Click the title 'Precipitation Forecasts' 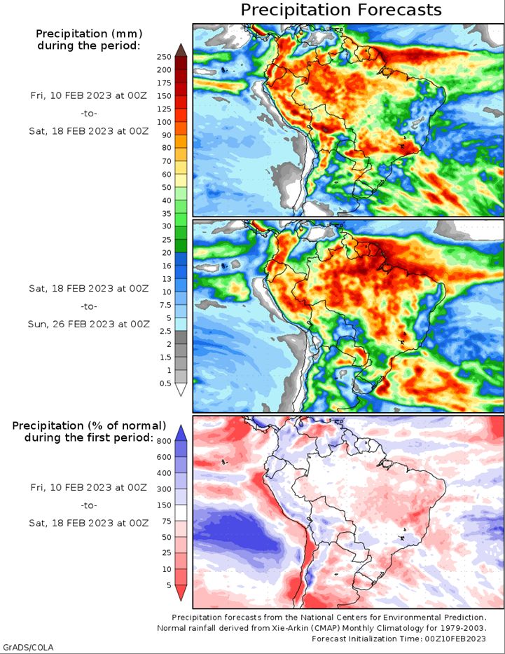point(341,10)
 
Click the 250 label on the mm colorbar point(164,57)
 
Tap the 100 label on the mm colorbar point(164,122)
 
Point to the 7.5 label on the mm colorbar point(165,305)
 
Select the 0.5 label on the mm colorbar point(165,383)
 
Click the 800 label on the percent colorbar point(164,441)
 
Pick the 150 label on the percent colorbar point(164,505)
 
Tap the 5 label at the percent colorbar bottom point(169,585)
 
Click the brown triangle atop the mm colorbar point(181,50)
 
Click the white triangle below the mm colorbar point(181,390)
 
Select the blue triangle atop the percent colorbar point(181,433)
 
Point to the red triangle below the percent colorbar point(181,592)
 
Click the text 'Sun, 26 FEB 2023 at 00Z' point(89,324)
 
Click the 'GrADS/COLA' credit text point(27,647)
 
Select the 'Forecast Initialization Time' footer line point(399,639)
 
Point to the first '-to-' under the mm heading point(89,114)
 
